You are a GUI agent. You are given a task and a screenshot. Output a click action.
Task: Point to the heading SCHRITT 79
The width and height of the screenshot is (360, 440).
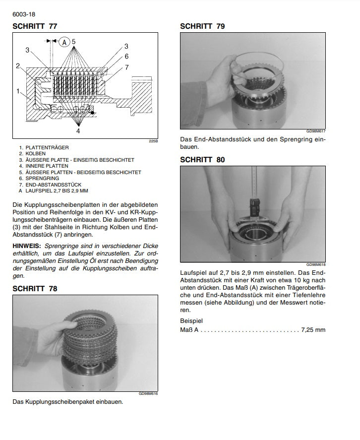202,26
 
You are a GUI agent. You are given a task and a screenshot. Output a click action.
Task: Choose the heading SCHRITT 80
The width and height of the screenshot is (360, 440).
202,160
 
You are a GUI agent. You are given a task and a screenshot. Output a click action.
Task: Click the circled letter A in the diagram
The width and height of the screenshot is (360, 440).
63,42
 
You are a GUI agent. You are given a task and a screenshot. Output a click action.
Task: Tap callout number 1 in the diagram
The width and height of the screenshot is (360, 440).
18,91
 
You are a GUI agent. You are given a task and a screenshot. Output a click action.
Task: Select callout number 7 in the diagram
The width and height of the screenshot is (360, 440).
126,67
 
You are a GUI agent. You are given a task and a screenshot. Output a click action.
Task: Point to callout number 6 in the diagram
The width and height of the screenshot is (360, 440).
126,57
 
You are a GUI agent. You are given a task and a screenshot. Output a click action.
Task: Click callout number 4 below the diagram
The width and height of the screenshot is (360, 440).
78,131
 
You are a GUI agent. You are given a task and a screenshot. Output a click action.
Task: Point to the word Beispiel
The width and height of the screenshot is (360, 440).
191,320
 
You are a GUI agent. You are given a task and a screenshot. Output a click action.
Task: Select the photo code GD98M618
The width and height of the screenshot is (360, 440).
316,265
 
